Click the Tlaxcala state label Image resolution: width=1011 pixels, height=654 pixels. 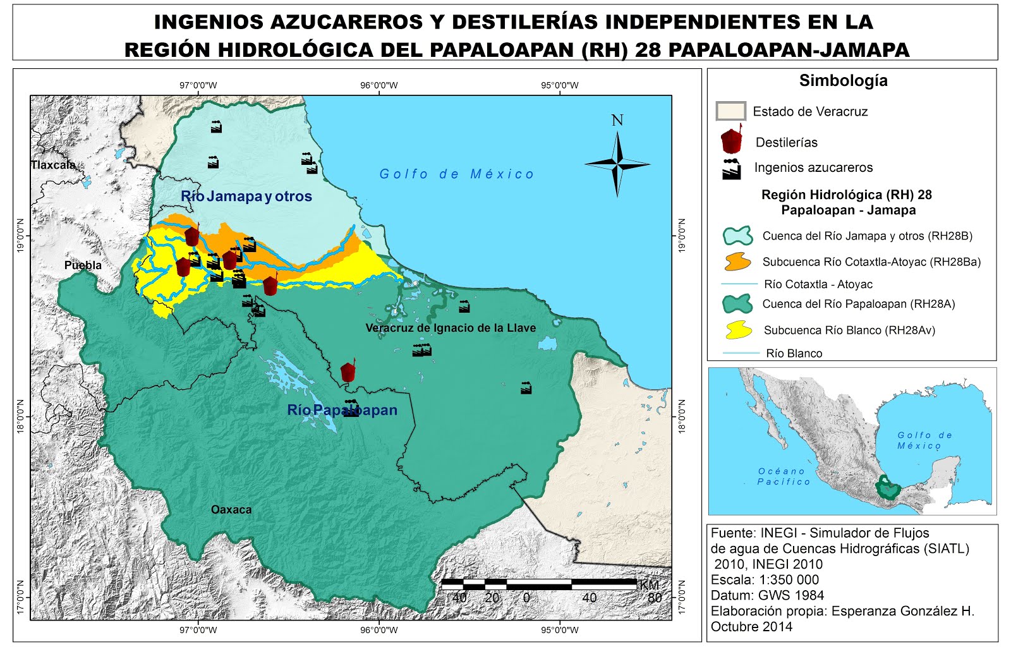(x=53, y=165)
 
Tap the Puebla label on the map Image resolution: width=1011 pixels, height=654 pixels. (x=83, y=265)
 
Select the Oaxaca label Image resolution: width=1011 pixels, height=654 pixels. (x=231, y=509)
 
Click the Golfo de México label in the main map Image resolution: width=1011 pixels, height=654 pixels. (x=456, y=174)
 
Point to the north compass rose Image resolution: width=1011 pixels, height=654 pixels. (x=617, y=164)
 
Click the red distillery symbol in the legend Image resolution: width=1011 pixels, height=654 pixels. (x=731, y=140)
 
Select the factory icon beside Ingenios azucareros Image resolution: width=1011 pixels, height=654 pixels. (x=731, y=169)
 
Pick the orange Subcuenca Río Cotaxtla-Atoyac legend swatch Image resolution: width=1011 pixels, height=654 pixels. (x=737, y=262)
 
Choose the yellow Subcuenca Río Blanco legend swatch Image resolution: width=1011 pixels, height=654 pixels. (x=738, y=329)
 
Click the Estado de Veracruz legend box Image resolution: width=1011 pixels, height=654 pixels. (x=730, y=111)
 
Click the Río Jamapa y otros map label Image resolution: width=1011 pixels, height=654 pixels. (x=246, y=197)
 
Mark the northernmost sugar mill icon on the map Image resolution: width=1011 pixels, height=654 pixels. (x=216, y=126)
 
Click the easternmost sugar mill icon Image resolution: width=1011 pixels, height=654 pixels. (x=526, y=388)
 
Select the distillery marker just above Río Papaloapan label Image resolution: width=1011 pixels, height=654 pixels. (x=348, y=371)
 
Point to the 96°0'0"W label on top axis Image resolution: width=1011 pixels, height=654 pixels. (x=379, y=85)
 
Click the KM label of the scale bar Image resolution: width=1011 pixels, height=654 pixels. (x=649, y=585)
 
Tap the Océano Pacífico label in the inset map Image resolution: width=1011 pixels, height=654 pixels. (x=784, y=476)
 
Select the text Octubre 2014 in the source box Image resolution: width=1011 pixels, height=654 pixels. (x=751, y=627)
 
